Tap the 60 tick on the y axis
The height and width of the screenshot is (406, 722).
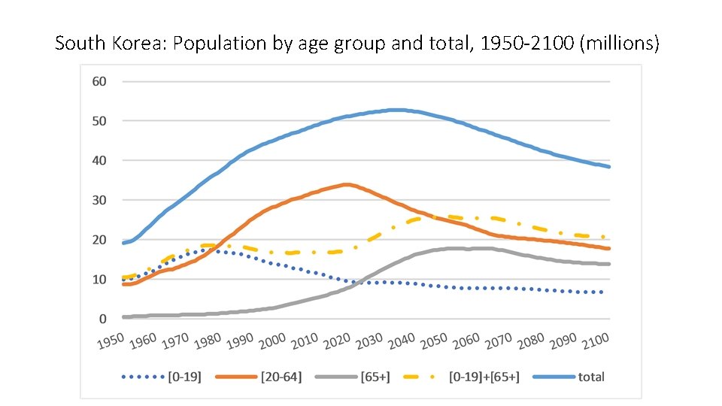point(99,81)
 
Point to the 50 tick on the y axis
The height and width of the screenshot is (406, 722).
point(99,121)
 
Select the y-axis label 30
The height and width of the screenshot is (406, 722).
point(99,200)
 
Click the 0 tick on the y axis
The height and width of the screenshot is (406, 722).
point(103,320)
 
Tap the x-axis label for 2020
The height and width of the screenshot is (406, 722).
point(337,342)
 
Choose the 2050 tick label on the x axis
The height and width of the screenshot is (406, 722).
point(434,342)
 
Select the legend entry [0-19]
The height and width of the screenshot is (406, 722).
point(184,376)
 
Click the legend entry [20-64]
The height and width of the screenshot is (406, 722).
point(280,376)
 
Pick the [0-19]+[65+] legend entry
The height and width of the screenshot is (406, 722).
point(484,376)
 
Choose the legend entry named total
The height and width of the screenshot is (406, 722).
point(591,376)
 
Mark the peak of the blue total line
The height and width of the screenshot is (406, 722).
point(397,110)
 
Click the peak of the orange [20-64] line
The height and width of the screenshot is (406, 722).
point(346,184)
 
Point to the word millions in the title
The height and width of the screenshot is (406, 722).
point(623,44)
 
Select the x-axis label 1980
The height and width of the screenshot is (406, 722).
point(208,342)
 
